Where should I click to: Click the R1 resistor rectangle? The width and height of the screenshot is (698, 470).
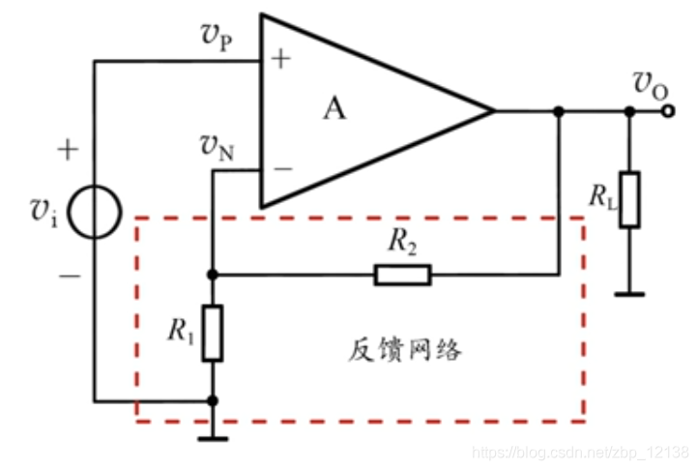click(213, 333)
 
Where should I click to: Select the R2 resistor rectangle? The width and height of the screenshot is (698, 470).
click(402, 276)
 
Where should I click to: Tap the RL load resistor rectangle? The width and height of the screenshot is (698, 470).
click(629, 199)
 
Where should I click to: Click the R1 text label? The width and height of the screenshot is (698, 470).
click(181, 332)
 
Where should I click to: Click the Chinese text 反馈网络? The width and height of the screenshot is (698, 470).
click(404, 350)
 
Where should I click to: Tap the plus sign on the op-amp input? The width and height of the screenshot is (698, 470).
click(281, 60)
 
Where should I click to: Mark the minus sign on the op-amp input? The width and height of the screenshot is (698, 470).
click(282, 169)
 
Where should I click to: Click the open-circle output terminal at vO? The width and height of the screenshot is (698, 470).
click(669, 111)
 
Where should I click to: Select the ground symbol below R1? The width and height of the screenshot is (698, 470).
click(213, 437)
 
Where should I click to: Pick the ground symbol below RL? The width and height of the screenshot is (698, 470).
click(629, 290)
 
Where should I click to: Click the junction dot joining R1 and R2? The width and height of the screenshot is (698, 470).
click(213, 276)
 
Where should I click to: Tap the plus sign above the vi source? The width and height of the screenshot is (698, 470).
click(67, 149)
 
